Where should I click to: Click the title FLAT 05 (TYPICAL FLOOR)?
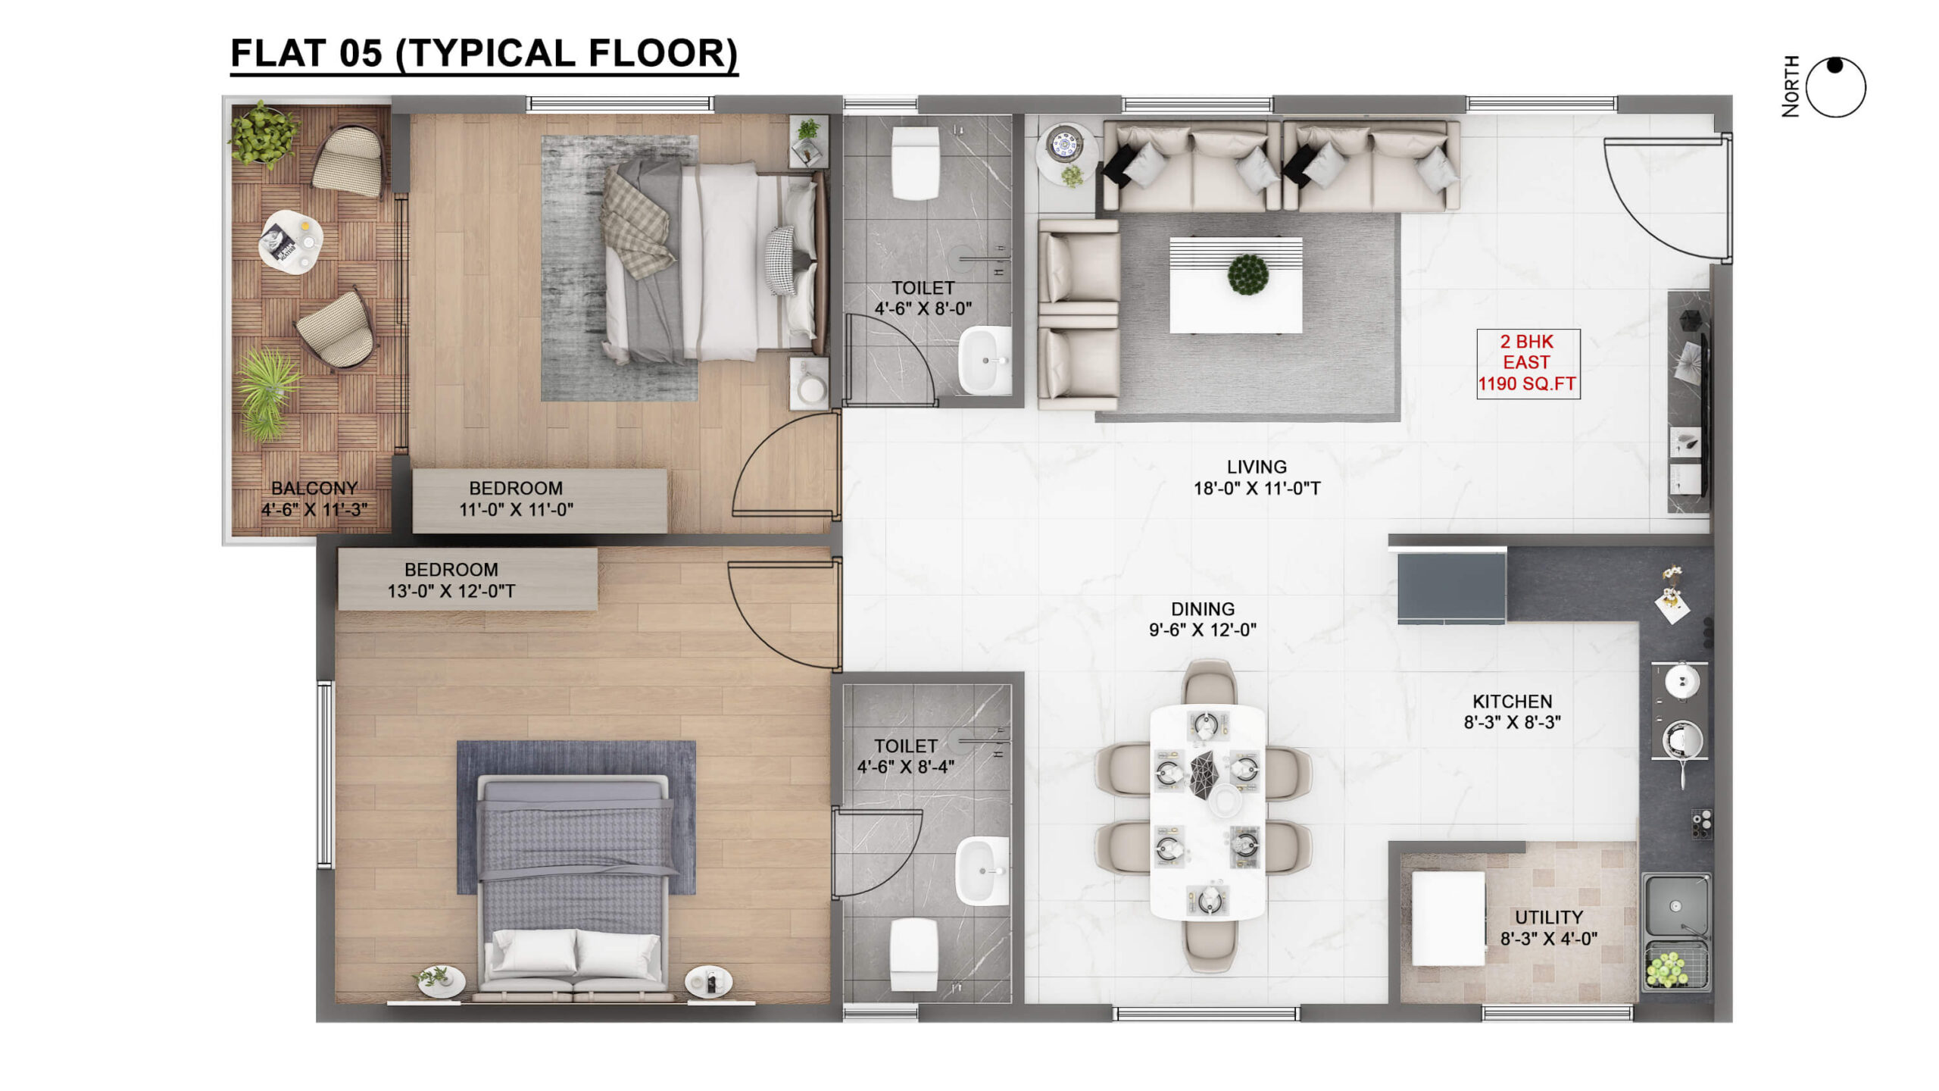click(484, 54)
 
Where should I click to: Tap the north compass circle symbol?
click(1835, 87)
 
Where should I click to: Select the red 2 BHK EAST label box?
click(1528, 363)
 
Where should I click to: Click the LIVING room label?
click(1257, 467)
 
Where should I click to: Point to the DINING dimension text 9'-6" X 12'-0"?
click(1202, 630)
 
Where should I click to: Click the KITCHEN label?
click(1512, 702)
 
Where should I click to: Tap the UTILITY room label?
click(1548, 918)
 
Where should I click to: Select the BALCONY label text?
click(314, 489)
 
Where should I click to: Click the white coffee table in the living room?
click(1235, 285)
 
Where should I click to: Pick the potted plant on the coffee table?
click(1247, 274)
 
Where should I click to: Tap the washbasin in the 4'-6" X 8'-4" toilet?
click(982, 871)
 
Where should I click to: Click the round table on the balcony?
click(290, 242)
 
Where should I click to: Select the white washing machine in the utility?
click(1447, 918)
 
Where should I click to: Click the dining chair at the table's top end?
click(1209, 682)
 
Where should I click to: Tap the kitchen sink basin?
click(1675, 906)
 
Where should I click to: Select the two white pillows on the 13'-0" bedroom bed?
click(575, 953)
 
